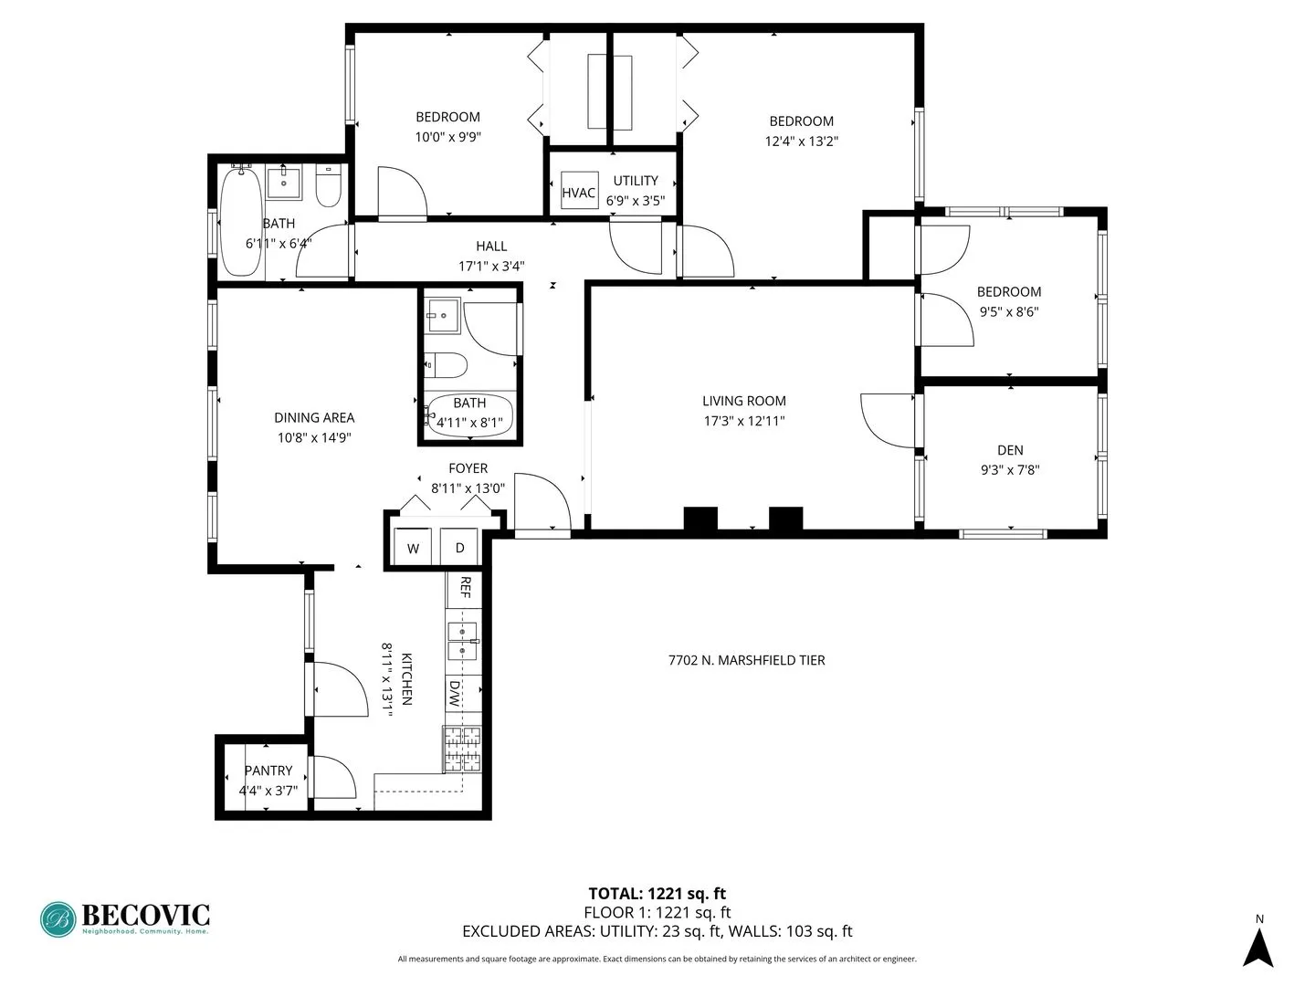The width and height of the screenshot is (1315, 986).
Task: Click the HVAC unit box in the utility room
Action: pyautogui.click(x=579, y=192)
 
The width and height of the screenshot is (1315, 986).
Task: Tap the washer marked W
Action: pyautogui.click(x=413, y=548)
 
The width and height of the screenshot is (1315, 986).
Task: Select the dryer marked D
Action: pyautogui.click(x=459, y=548)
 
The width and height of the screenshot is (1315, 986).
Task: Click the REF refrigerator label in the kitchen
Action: pyautogui.click(x=464, y=587)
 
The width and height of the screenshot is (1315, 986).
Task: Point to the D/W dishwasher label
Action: pyautogui.click(x=454, y=694)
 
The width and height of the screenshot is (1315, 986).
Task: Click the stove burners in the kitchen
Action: pyautogui.click(x=462, y=749)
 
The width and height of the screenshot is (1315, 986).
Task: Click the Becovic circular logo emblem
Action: pyautogui.click(x=58, y=919)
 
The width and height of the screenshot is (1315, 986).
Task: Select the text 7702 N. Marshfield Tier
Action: pyautogui.click(x=746, y=660)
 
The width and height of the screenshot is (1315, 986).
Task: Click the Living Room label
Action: pyautogui.click(x=743, y=401)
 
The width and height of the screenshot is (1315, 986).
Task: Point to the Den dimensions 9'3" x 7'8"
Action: pyautogui.click(x=1010, y=470)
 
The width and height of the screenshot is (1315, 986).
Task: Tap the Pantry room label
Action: pyautogui.click(x=268, y=771)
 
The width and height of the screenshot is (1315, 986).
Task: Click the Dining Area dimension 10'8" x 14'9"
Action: pyautogui.click(x=314, y=437)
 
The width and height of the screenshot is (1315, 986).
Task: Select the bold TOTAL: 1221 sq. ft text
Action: pyautogui.click(x=657, y=894)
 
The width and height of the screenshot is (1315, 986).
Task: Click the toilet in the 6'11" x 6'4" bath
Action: pyautogui.click(x=328, y=187)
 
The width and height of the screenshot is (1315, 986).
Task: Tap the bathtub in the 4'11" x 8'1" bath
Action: pyautogui.click(x=469, y=414)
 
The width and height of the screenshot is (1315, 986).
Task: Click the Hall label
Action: pyautogui.click(x=491, y=246)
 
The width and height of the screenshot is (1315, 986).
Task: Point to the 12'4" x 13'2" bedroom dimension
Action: pyautogui.click(x=801, y=142)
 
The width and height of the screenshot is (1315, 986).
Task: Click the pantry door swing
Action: pyautogui.click(x=333, y=778)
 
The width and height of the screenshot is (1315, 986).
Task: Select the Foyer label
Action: pyautogui.click(x=468, y=468)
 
